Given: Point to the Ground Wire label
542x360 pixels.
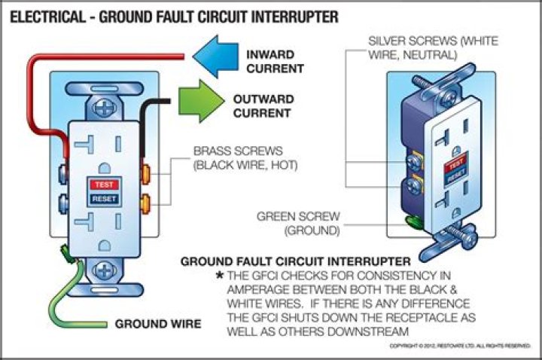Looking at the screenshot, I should coord(157,325).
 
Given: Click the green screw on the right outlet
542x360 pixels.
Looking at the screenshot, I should coord(413,221).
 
